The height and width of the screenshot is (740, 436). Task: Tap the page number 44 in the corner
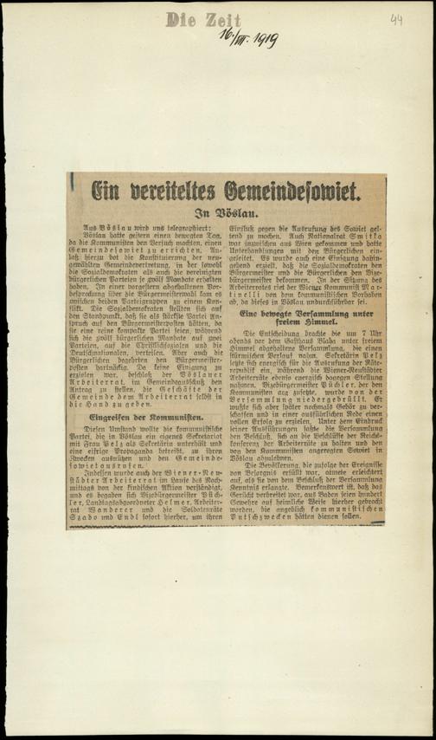[x=396, y=18]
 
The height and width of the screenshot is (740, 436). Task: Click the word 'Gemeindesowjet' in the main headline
[x=294, y=186]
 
